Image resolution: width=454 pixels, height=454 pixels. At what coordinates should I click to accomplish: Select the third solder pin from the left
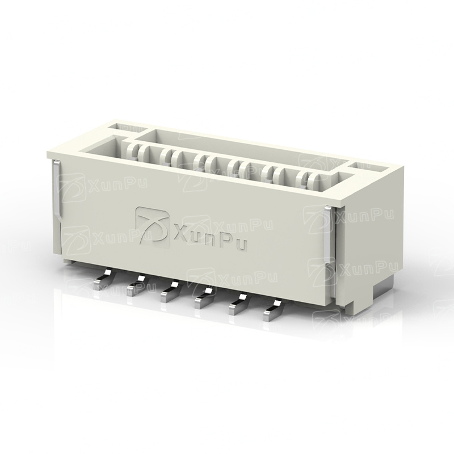[x=170, y=292]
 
